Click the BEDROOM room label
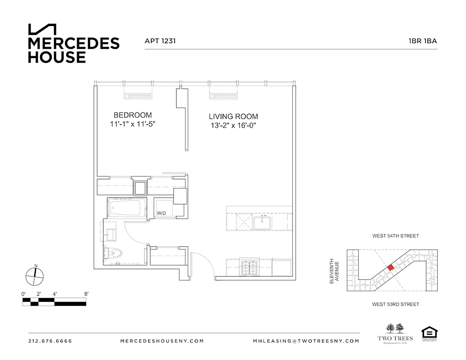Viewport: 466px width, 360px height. point(132,115)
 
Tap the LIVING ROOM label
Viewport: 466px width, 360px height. point(233,117)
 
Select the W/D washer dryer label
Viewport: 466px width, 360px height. point(161,213)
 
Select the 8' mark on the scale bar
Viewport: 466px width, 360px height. point(86,294)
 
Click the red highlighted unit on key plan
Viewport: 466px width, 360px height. point(391,267)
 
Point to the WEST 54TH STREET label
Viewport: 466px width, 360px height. point(395,236)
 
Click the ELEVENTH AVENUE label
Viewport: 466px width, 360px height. point(334,270)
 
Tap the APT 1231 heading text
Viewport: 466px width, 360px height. point(160,41)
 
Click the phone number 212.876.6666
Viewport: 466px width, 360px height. point(50,341)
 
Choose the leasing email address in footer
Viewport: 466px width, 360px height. point(306,341)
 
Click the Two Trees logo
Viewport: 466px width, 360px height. point(393,333)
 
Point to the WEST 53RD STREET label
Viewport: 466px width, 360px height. point(395,305)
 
